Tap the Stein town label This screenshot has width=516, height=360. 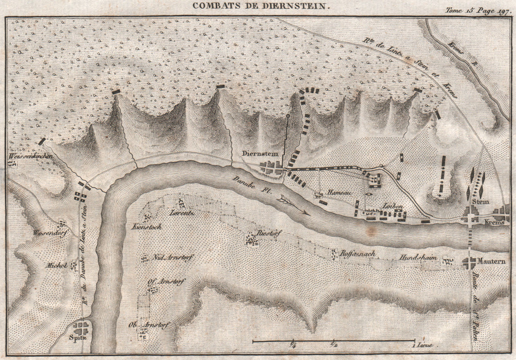coord(483,202)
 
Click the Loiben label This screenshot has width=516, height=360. coord(392,205)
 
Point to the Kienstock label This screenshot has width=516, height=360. coord(147,226)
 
